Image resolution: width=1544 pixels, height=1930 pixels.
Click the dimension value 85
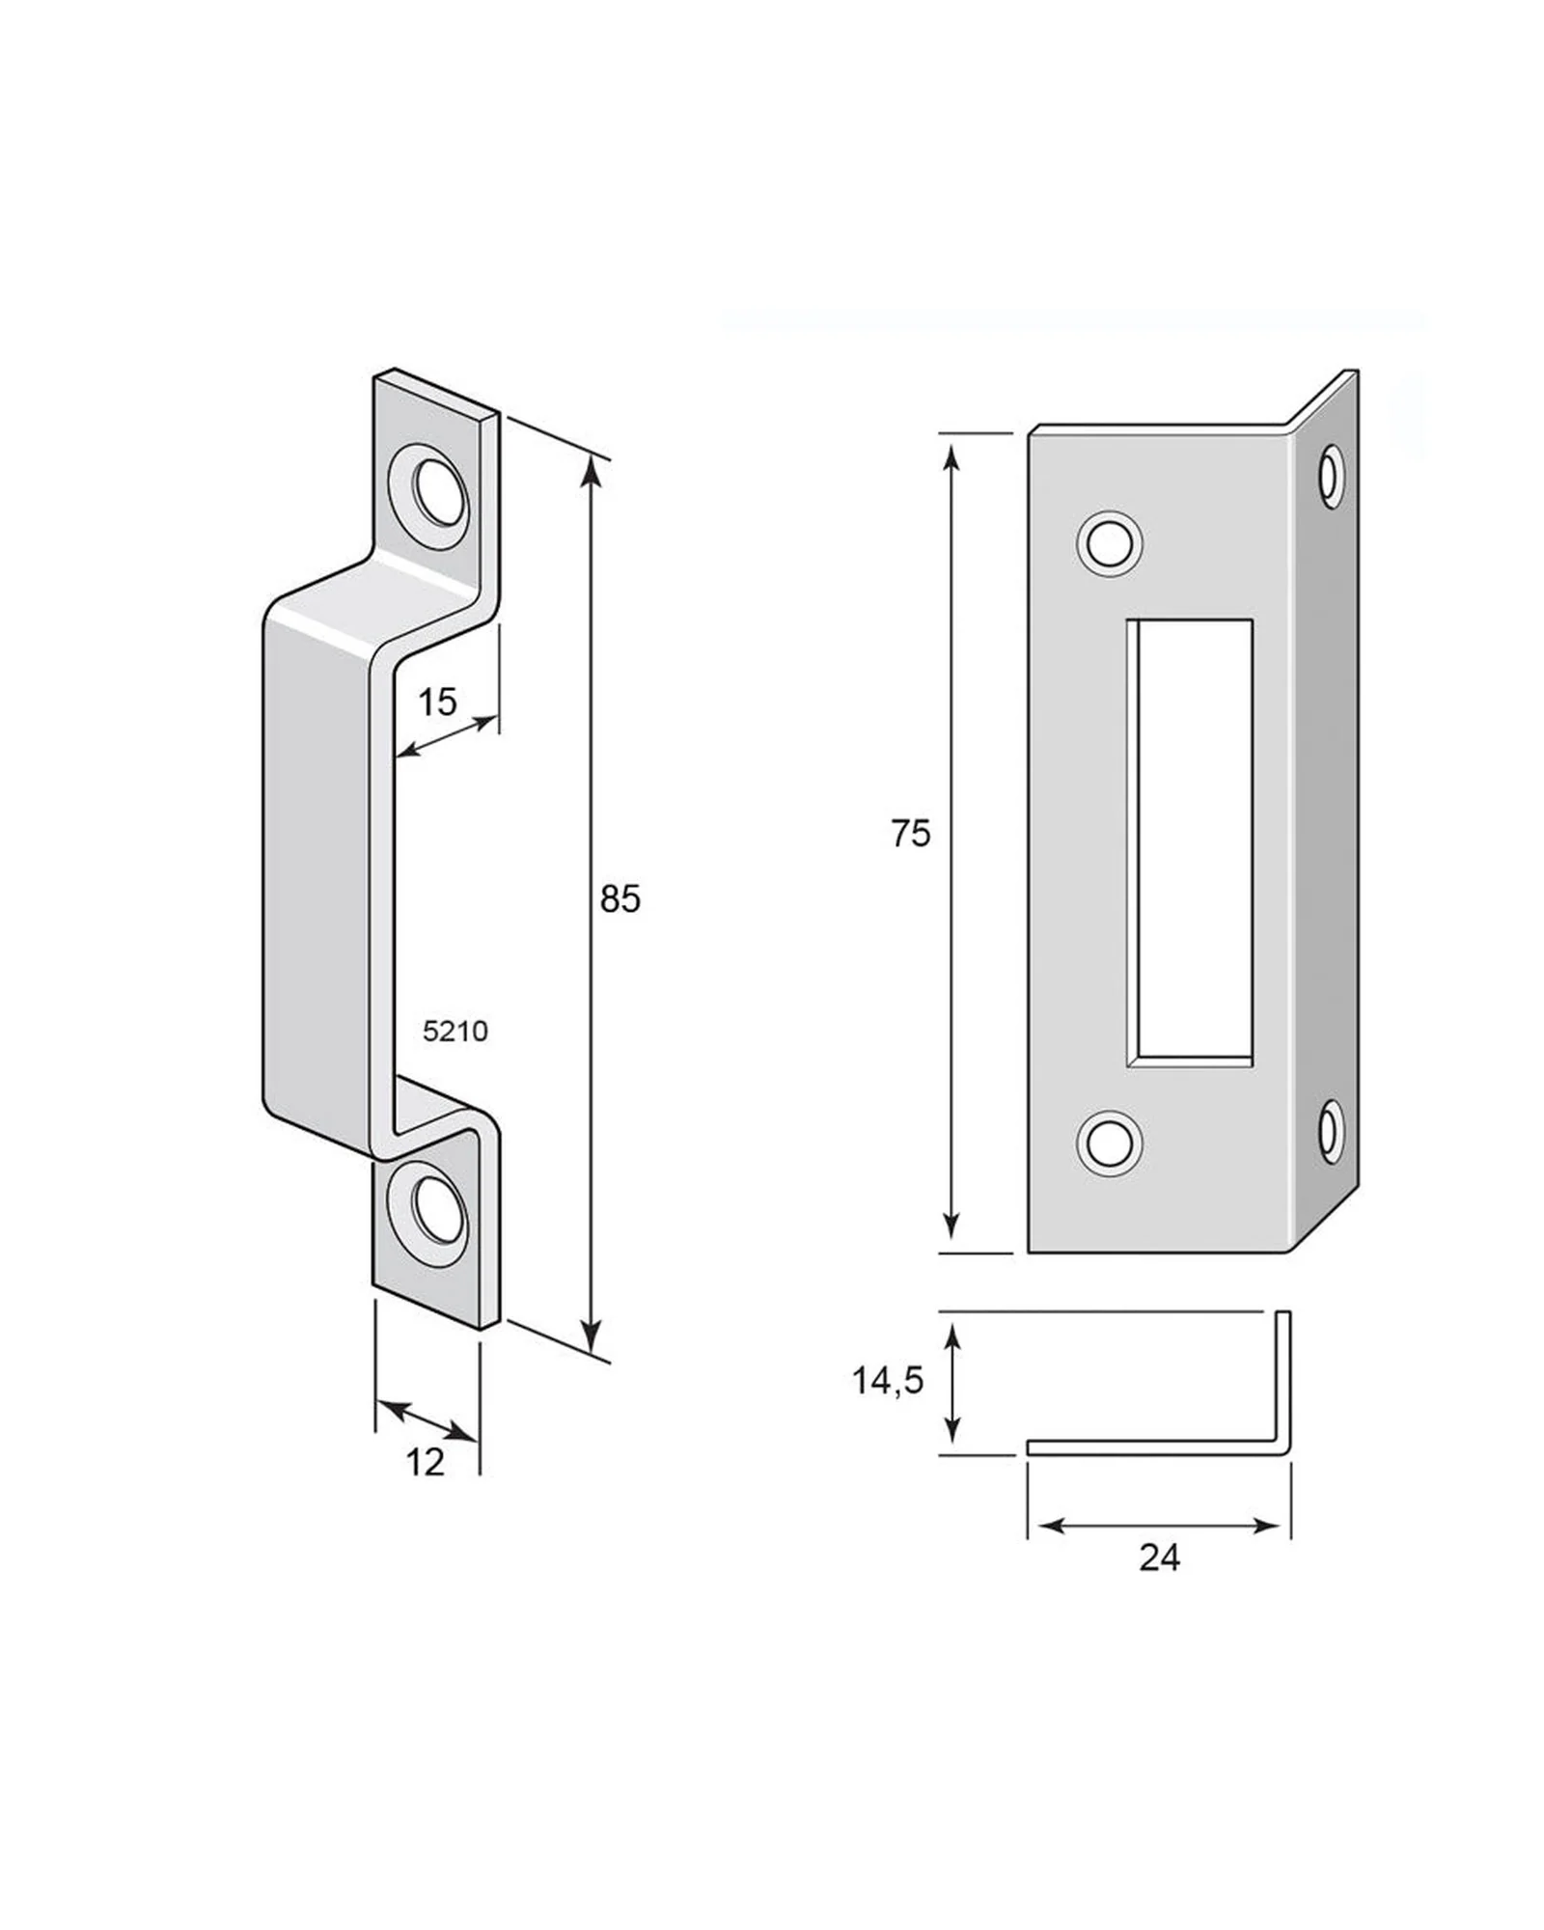[x=620, y=899]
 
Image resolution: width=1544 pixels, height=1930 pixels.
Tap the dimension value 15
[x=436, y=702]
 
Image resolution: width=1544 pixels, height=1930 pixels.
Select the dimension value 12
[x=425, y=1462]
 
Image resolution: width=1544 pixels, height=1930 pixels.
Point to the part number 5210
[x=455, y=1032]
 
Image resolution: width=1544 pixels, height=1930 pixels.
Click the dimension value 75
[x=910, y=834]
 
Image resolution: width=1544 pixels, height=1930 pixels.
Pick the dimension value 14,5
[x=888, y=1381]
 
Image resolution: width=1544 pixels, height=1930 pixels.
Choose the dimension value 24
[x=1159, y=1558]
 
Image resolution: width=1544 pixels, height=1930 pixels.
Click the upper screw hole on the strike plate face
[x=1109, y=544]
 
